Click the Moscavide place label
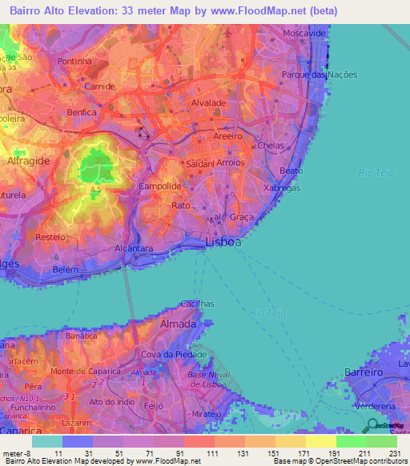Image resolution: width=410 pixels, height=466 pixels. point(305,34)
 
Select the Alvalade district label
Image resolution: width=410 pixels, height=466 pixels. point(208,103)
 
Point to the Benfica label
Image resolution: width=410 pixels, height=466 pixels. point(82,112)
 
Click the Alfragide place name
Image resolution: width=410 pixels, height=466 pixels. point(30,161)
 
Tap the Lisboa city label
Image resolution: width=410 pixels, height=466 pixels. point(223,241)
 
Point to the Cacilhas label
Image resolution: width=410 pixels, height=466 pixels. point(196,303)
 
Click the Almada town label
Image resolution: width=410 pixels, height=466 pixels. point(178,324)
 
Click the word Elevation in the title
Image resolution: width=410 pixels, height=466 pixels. point(97,11)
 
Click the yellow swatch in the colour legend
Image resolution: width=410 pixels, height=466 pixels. point(321,440)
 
